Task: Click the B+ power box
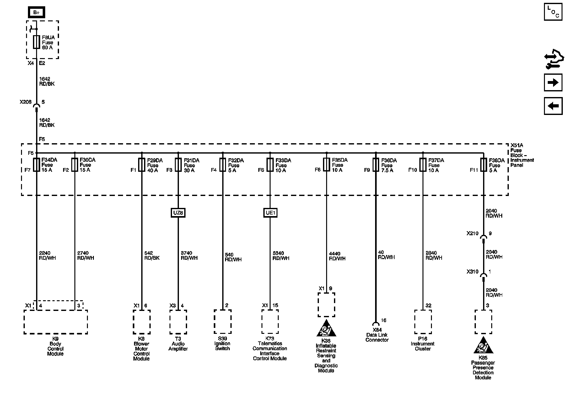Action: click(36, 13)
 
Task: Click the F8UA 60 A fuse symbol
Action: click(36, 42)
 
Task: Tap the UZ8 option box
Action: click(178, 213)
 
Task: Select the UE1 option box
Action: click(270, 213)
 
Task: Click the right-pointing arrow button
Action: click(553, 83)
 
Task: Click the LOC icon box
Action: click(553, 12)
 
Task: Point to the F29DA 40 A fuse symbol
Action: click(142, 165)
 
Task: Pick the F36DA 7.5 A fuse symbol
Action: click(376, 165)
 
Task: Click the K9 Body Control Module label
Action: click(55, 346)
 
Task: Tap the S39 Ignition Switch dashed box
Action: click(223, 322)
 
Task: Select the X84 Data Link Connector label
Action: click(377, 335)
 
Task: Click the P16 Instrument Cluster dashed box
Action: click(422, 322)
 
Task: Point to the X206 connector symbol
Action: click(36, 106)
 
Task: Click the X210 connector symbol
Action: click(483, 237)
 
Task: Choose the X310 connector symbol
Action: click(483, 275)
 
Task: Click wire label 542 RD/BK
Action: click(152, 255)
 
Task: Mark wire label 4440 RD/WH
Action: click(337, 256)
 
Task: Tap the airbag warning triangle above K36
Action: click(326, 329)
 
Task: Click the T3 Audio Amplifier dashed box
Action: click(178, 322)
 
